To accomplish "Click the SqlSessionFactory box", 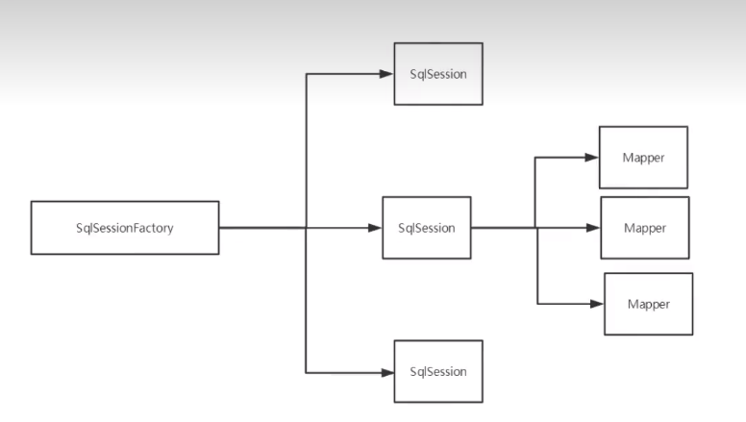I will click(x=125, y=228).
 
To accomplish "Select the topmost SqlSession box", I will click(x=437, y=73).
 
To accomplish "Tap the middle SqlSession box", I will click(x=426, y=228).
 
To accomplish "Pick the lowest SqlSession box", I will click(x=437, y=371).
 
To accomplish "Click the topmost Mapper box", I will click(x=643, y=157).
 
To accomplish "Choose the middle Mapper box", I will click(x=644, y=228).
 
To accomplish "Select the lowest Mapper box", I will click(x=648, y=304).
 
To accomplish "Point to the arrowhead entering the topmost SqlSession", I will click(x=387, y=73).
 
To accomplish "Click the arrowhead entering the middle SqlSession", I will click(x=376, y=228).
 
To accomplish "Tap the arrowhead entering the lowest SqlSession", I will click(x=387, y=372).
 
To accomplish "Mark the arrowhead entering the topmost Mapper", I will click(x=592, y=157).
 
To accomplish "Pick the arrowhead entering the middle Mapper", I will click(x=594, y=228).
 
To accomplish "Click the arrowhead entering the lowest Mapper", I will click(x=597, y=304).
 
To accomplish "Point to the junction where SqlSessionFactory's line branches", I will click(x=306, y=228).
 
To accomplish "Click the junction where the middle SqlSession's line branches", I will click(x=536, y=228).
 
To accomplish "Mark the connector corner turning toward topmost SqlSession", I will click(x=306, y=73).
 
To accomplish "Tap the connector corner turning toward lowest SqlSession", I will click(x=306, y=372).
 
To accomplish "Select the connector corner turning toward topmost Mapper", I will click(x=536, y=157).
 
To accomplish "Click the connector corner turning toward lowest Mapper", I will click(x=536, y=304).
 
